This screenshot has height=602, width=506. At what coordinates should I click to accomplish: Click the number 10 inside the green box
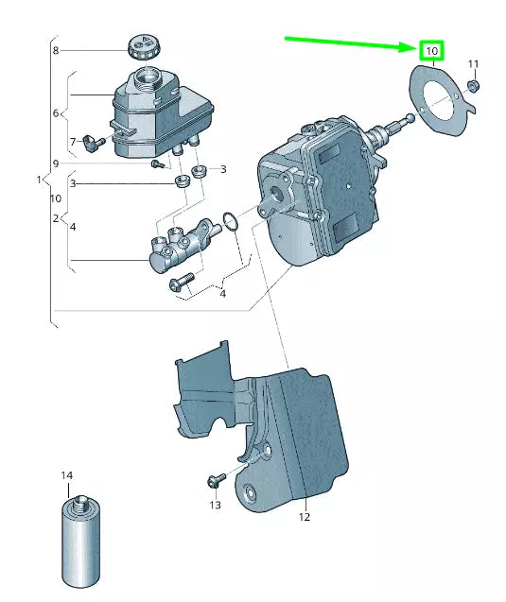[x=431, y=49]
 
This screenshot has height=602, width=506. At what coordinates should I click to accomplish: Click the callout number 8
[x=56, y=50]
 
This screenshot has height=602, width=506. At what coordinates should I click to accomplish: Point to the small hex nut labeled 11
[x=476, y=86]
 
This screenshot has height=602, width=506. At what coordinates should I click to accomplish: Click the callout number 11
[x=474, y=64]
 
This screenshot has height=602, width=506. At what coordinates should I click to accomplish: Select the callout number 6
[x=56, y=113]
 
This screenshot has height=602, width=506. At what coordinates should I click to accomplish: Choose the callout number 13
[x=215, y=506]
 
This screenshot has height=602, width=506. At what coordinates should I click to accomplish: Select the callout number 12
[x=304, y=517]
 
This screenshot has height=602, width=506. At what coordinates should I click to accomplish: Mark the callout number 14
[x=67, y=474]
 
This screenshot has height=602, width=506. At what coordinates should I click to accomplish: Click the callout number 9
[x=56, y=163]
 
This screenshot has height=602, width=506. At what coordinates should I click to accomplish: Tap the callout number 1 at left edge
[x=39, y=180]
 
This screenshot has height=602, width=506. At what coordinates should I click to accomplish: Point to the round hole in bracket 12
[x=252, y=493]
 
